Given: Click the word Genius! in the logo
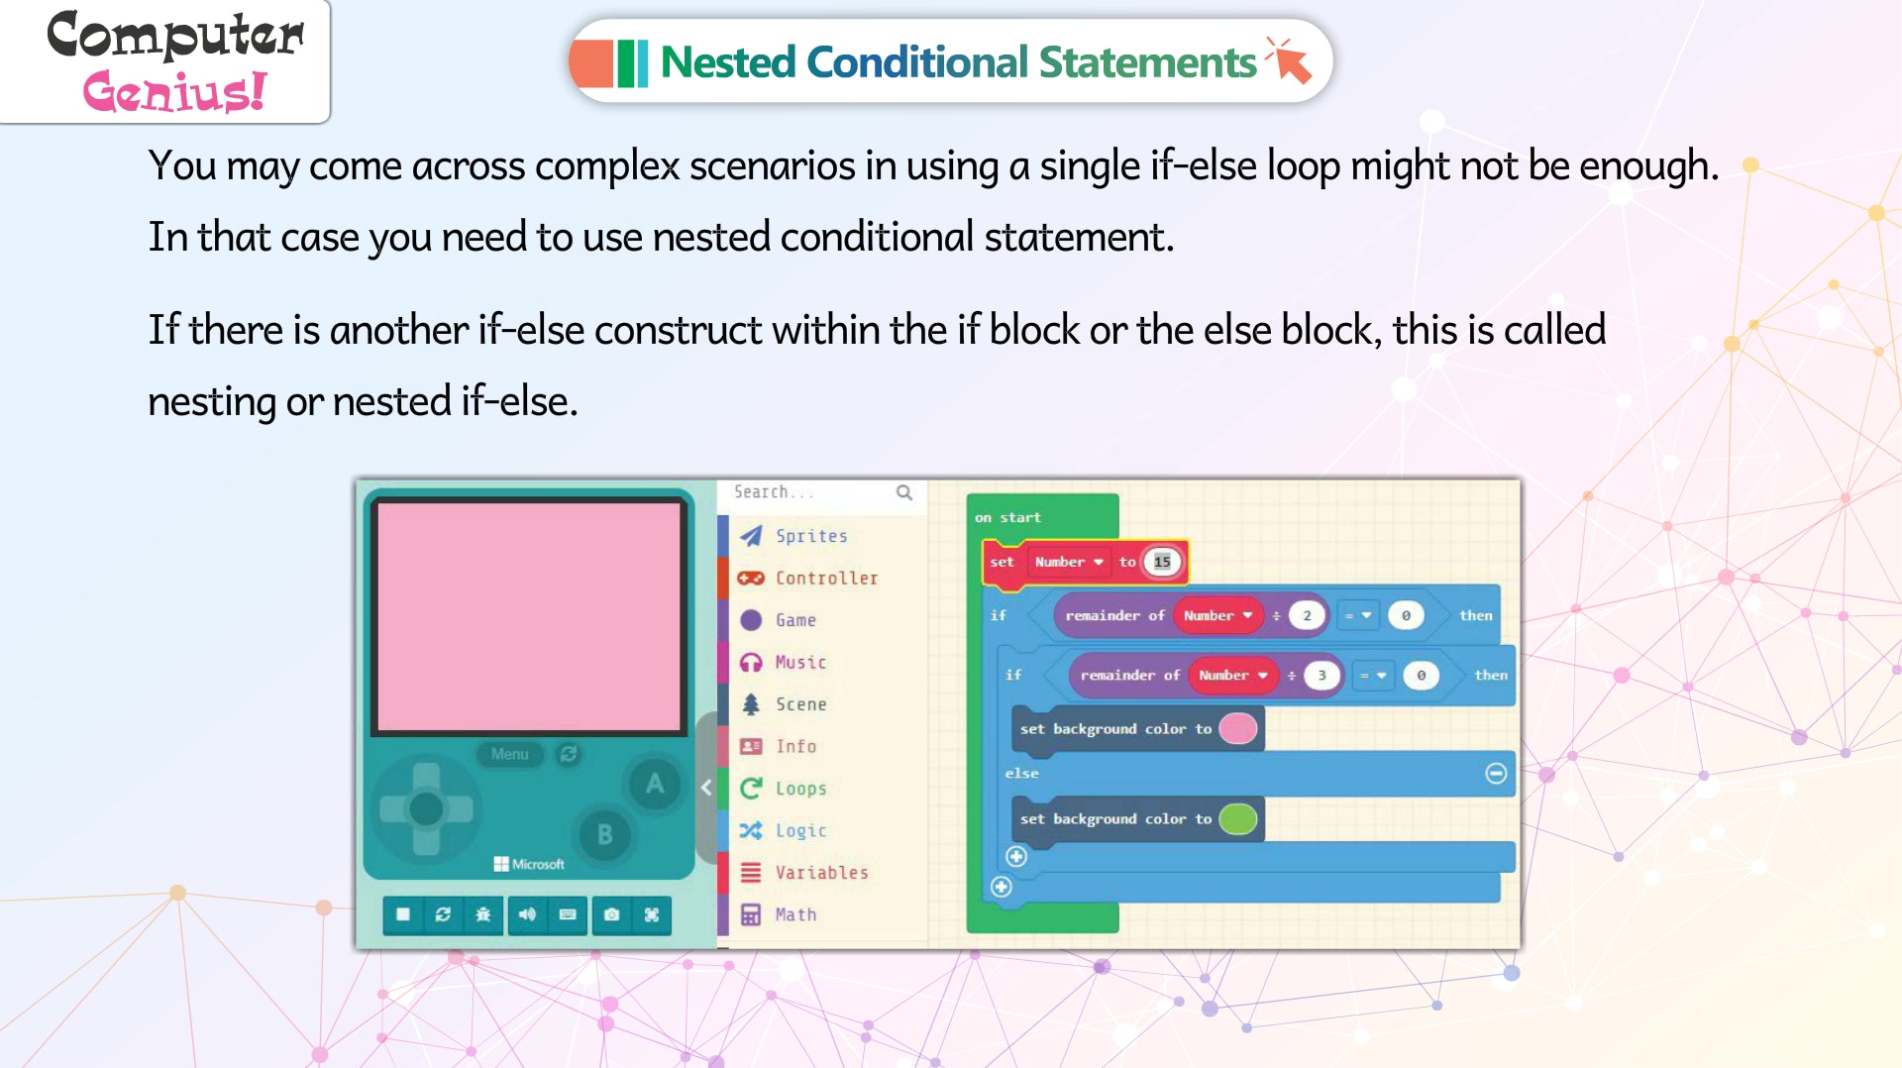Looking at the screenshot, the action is (174, 91).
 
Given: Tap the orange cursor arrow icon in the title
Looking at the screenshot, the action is (1290, 60).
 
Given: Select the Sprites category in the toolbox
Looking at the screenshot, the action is (811, 536).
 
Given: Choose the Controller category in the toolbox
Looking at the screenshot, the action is (826, 578).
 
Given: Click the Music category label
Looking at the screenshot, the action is (800, 662).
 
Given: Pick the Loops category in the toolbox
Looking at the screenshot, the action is (800, 789).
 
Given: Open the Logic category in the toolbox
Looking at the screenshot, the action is (800, 830).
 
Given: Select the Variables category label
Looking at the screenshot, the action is (821, 873).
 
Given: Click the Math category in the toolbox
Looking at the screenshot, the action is (795, 914).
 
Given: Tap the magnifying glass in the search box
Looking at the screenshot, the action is (903, 492).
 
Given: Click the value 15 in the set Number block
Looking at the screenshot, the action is (1162, 562).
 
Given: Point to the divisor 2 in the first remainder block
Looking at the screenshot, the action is (1307, 615).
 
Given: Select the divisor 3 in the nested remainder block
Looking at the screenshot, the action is (1321, 675).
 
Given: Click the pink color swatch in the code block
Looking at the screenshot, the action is (1238, 728).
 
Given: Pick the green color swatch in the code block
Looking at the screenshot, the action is (1238, 818).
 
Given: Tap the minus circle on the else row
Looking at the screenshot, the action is (1496, 773).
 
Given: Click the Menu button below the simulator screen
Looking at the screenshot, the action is (510, 754).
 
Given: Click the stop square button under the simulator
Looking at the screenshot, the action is (402, 914).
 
